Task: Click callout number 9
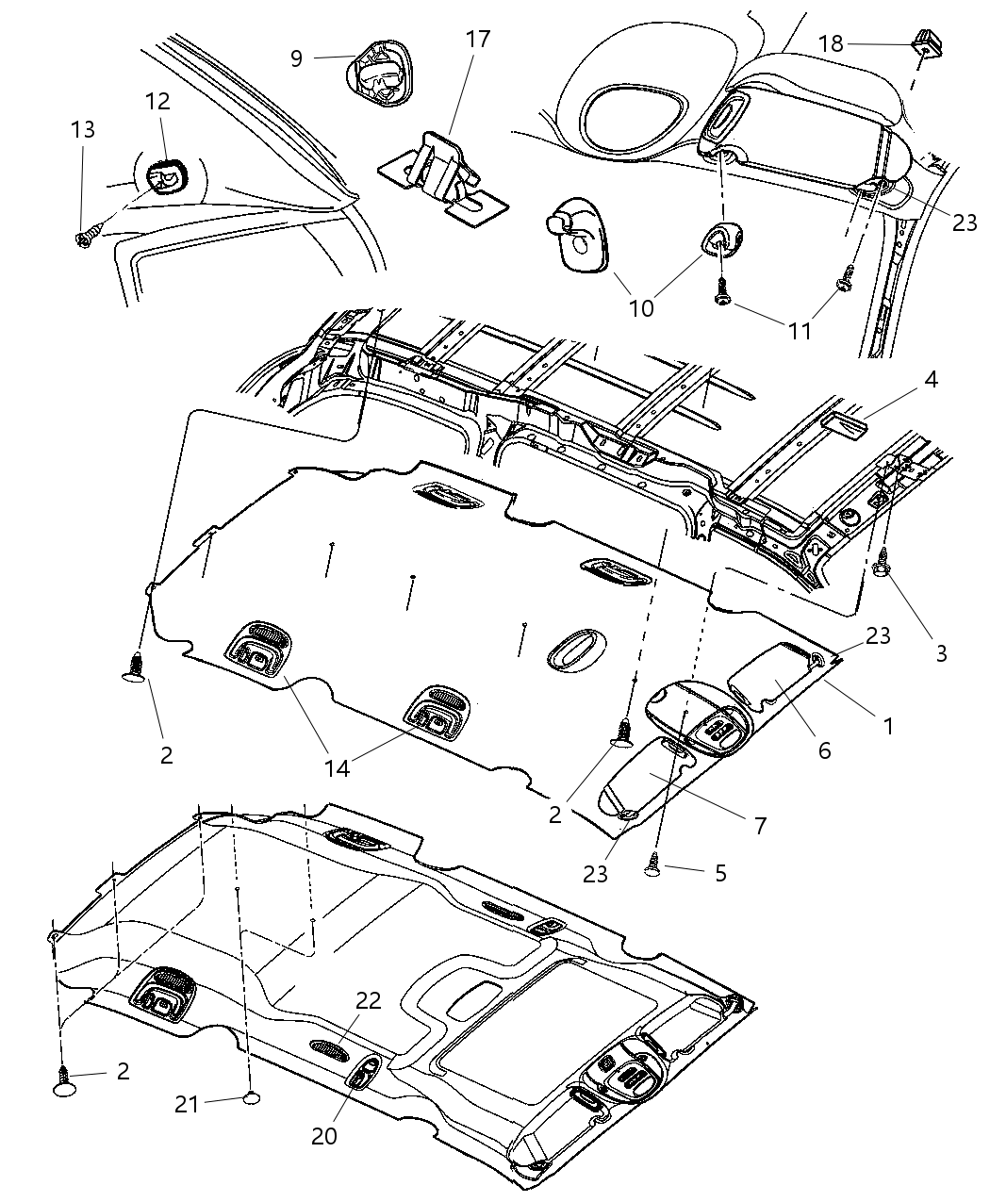coord(296,58)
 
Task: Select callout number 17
coord(478,41)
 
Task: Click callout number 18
coord(831,43)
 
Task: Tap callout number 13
coord(83,129)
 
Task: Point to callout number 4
coord(931,380)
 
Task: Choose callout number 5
coord(720,873)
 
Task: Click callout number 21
coord(187,1102)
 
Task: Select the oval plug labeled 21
coord(251,1096)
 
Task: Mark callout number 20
coord(323,1136)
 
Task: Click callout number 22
coord(369,1000)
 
